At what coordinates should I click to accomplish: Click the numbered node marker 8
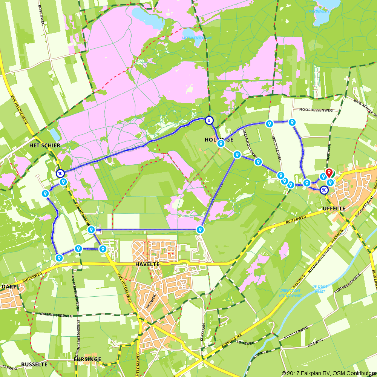coord(209,121)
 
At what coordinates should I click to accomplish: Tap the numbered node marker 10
coord(60,173)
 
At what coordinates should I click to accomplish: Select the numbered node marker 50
coord(324,190)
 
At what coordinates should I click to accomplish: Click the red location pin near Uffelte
coord(329,173)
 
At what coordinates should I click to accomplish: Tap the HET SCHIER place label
coord(45,145)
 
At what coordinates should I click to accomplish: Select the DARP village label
coord(8,287)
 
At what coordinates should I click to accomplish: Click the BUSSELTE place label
coord(34,365)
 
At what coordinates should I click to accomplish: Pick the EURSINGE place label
coord(87,359)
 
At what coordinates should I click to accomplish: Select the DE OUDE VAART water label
coord(320,289)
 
